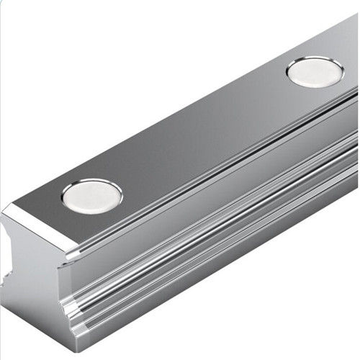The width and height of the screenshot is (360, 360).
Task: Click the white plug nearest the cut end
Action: point(91,195)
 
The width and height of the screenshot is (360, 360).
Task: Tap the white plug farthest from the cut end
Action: point(315,72)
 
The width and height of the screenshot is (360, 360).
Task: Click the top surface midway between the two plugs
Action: point(205,133)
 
